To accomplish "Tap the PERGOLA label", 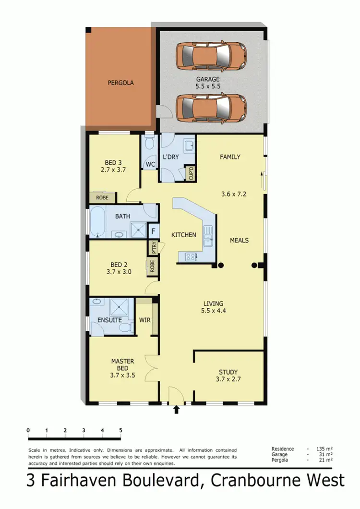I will pos(120,83).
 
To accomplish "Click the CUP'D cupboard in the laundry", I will pos(191,172).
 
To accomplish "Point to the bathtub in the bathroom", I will pos(98,222).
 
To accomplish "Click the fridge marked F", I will pos(153,231).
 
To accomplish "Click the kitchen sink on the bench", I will pos(208,236).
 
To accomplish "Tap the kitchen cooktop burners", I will pos(189,256).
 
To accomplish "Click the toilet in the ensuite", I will pos(125,327).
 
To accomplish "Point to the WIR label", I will pos(144,319).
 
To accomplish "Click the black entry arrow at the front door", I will pos(176,410).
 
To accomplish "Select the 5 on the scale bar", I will pos(120,430).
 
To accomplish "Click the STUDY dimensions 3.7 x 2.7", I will pos(228,380).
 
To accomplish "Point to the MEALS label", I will pos(239,240).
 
